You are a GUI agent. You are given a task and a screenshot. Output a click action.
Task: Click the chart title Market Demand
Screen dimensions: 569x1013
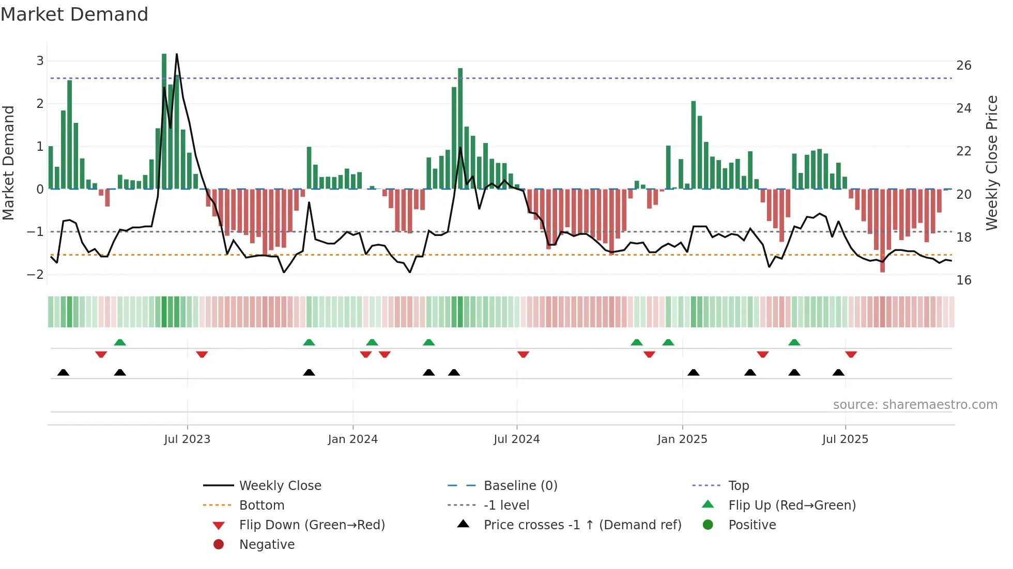pos(74,14)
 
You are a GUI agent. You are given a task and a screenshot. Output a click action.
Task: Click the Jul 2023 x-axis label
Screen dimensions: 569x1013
pos(187,439)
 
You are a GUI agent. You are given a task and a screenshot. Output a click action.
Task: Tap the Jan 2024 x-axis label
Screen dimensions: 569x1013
pos(352,439)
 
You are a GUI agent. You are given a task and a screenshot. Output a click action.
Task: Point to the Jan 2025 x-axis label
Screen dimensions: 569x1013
pos(682,439)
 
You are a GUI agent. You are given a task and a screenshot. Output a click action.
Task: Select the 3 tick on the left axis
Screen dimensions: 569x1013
pos(40,61)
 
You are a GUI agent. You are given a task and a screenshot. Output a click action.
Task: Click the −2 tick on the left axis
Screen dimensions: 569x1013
pos(36,275)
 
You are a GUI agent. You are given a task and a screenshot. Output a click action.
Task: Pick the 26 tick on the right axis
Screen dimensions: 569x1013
pos(964,66)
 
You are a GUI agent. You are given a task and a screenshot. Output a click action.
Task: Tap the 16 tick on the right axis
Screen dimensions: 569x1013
pos(964,280)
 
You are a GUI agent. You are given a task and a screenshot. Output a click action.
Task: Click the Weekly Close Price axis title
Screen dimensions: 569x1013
pos(991,163)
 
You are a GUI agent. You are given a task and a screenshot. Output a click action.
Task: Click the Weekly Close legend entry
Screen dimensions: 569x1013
pos(280,486)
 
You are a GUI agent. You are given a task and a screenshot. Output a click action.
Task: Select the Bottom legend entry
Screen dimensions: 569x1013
pos(262,505)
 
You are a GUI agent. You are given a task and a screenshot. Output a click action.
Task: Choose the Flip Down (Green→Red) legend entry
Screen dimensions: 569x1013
pos(312,525)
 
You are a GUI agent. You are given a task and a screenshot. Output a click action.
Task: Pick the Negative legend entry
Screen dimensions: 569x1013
pos(267,545)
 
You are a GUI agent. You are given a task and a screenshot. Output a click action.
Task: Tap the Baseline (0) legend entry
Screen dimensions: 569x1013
pos(520,486)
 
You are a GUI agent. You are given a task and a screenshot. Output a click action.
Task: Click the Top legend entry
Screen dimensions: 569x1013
pos(739,486)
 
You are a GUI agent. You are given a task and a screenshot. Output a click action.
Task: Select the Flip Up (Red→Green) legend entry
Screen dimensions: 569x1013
pos(792,505)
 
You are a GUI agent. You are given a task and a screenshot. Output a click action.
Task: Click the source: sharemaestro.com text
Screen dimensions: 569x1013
pos(915,405)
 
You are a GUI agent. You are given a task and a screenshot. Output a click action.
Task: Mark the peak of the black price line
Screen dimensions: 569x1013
pos(177,54)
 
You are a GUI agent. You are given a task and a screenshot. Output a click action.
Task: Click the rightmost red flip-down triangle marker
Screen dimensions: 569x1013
pos(851,354)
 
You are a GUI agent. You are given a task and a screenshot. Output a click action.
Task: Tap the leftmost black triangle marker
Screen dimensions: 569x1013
pos(63,372)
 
